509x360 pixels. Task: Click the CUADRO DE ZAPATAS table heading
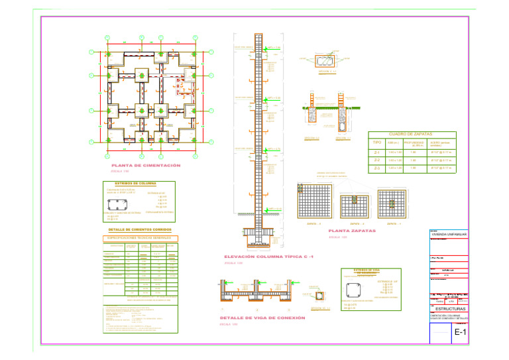(x=406, y=134)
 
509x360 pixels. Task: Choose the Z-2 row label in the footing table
(x=376, y=160)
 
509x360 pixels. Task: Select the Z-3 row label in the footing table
(x=376, y=168)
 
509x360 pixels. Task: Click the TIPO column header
(x=376, y=143)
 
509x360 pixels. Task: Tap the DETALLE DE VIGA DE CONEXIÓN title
(x=262, y=318)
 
